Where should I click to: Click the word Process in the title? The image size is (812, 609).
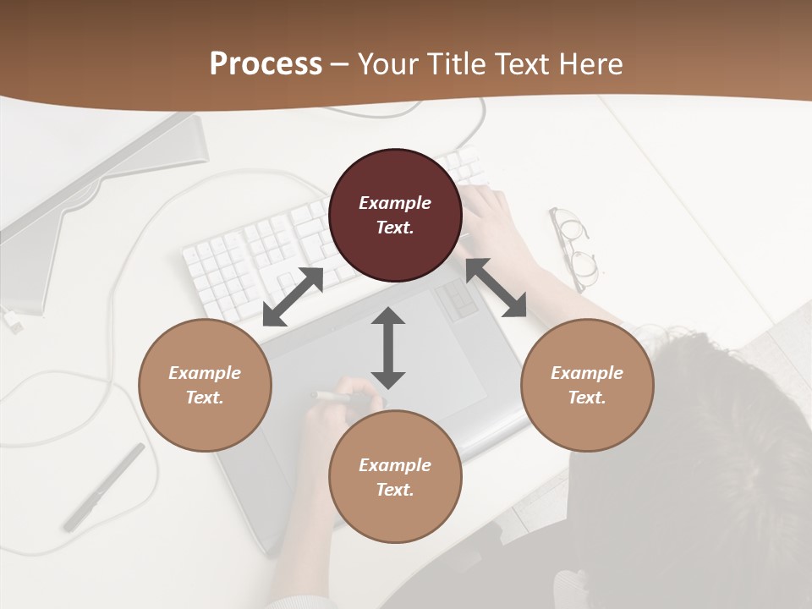coord(266,64)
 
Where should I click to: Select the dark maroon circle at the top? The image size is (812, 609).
coord(395,215)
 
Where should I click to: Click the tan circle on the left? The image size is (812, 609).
coord(205,385)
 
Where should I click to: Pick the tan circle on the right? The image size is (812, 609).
coord(587,385)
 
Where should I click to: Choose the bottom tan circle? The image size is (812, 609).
coord(395,476)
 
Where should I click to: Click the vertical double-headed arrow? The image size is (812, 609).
coord(388,348)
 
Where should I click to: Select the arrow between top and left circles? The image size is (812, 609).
coord(293,297)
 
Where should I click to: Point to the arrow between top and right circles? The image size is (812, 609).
coord(497,288)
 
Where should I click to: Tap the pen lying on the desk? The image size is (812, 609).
coord(104,486)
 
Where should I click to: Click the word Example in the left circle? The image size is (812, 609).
coord(205,373)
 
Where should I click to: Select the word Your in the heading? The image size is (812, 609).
coord(387,64)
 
